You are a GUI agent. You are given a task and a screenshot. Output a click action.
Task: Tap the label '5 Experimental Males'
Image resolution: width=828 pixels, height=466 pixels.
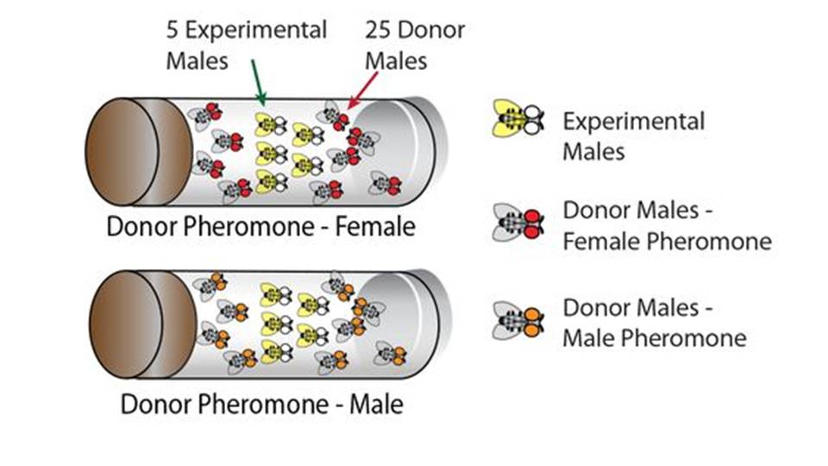[247, 46]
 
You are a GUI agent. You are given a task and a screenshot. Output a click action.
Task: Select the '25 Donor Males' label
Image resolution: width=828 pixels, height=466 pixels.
[415, 46]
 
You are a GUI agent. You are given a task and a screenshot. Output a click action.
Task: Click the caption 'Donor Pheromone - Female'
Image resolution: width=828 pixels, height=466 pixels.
[260, 229]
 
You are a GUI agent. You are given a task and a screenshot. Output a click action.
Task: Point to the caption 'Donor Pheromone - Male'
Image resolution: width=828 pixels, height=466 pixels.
[261, 404]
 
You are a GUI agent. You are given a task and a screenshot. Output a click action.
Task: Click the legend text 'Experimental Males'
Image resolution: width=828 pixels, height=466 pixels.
[633, 136]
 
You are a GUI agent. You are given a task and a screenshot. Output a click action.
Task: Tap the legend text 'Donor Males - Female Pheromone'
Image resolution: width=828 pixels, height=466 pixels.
[666, 226]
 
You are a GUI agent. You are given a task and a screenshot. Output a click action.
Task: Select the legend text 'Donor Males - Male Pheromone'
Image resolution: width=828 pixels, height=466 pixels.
[653, 323]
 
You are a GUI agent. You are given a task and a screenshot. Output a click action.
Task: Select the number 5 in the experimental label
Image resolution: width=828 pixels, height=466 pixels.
[173, 30]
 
